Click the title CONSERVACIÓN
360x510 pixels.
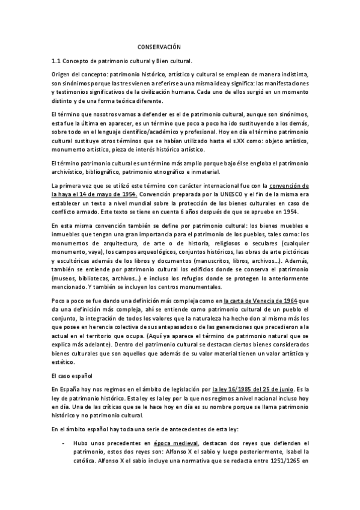pyautogui.click(x=159, y=46)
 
